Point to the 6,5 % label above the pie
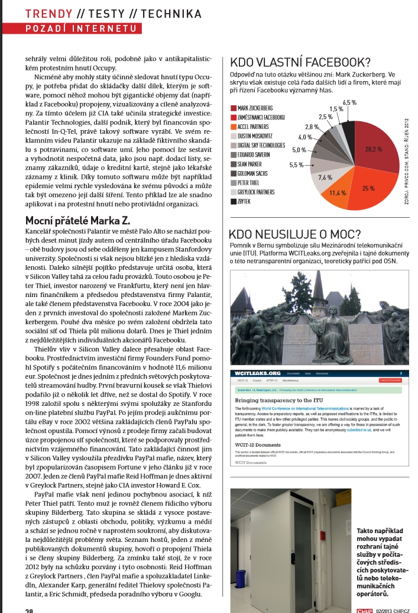[x=350, y=102]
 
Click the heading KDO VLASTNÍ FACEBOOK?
[x=300, y=62]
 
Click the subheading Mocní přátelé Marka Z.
[x=77, y=221]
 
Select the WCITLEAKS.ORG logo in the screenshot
[x=258, y=374]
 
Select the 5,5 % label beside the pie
[x=295, y=165]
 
